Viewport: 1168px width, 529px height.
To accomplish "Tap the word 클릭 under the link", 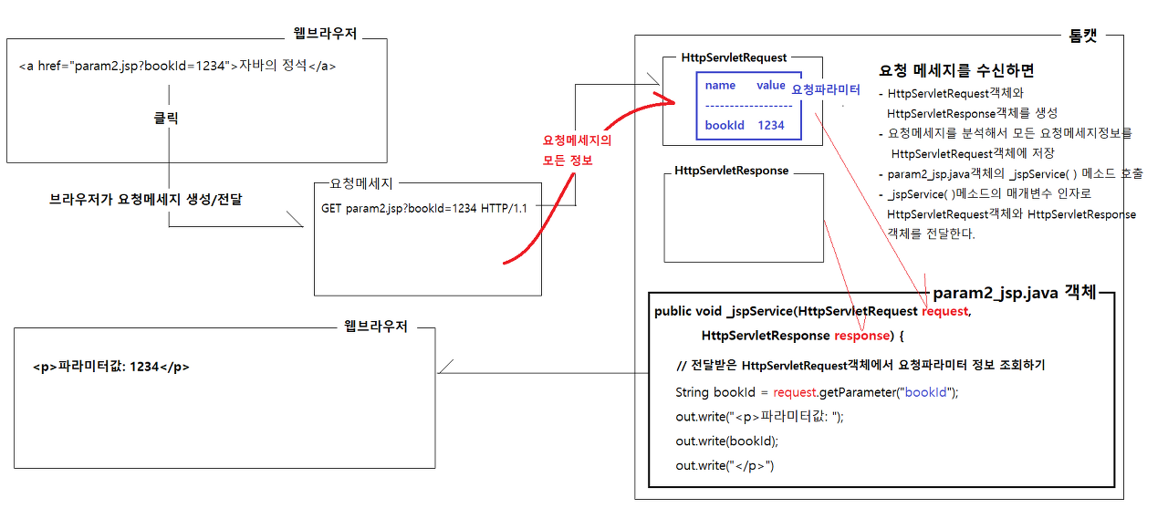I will [165, 119].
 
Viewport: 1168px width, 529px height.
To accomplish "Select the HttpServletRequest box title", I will [734, 57].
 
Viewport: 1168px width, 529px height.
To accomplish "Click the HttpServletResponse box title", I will [732, 171].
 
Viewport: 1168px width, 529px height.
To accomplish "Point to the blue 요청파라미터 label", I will [826, 89].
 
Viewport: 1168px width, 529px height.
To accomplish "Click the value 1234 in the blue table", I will [771, 125].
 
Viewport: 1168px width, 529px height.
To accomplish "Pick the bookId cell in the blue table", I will [725, 125].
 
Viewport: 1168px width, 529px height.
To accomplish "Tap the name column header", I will [720, 85].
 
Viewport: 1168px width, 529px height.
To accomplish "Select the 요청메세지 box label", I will [361, 183].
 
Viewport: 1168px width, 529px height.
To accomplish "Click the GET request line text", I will [424, 208].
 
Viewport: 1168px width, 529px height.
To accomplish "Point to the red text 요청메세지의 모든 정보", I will [577, 150].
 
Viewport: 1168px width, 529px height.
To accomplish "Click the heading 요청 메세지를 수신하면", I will [956, 70].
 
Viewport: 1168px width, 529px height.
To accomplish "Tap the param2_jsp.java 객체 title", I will [1014, 294].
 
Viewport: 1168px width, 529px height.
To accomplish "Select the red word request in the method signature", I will [944, 312].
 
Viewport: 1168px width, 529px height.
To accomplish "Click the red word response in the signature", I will [860, 336].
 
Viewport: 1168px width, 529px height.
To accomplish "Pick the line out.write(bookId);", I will [726, 441].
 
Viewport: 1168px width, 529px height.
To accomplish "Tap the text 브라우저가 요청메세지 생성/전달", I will [145, 198].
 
